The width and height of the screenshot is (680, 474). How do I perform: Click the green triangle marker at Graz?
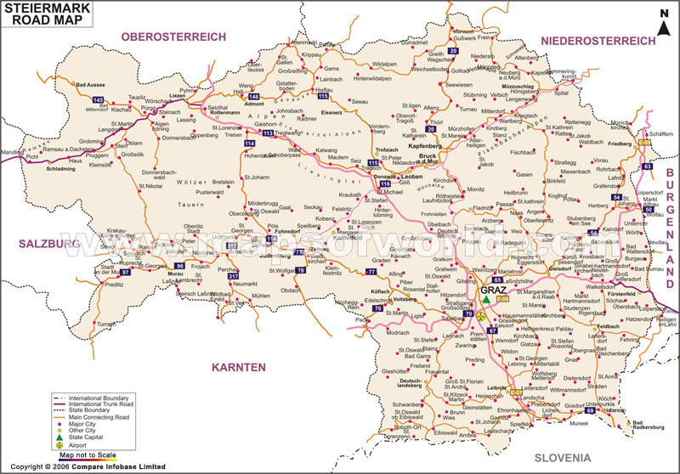coord(485,299)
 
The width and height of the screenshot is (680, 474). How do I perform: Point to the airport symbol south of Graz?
coord(481,315)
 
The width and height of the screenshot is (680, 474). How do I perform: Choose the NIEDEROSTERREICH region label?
coord(598,41)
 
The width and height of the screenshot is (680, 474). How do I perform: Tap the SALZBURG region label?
coord(44,244)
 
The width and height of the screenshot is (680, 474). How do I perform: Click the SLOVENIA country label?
coord(562,458)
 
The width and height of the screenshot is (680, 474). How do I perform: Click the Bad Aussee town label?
coord(91,85)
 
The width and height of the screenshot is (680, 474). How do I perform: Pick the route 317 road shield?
coord(233,275)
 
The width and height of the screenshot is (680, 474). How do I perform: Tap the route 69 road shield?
coord(590,410)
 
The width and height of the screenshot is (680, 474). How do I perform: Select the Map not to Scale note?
coord(82,455)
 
